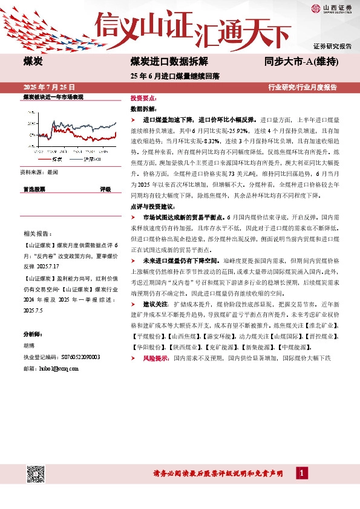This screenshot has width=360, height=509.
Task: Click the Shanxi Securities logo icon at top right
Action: pyautogui.click(x=316, y=8)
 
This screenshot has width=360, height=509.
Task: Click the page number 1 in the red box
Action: pyautogui.click(x=301, y=473)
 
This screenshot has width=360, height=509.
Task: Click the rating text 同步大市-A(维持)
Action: pyautogui.click(x=301, y=62)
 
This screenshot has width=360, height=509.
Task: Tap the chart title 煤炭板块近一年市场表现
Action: pyautogui.click(x=52, y=97)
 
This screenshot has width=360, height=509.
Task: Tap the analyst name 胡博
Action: pyautogui.click(x=30, y=346)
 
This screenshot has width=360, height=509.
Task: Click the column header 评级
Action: pyautogui.click(x=105, y=189)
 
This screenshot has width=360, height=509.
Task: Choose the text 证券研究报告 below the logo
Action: pyautogui.click(x=332, y=46)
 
